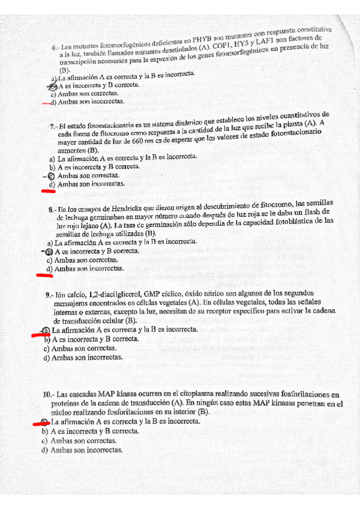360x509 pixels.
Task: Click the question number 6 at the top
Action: pyautogui.click(x=55, y=47)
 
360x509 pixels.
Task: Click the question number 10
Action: pyautogui.click(x=48, y=394)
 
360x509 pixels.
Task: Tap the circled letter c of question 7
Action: pyautogui.click(x=50, y=175)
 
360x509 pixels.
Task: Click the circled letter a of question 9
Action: pyautogui.click(x=46, y=330)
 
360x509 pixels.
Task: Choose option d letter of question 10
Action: pyautogui.click(x=44, y=450)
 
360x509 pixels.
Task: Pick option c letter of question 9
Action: pyautogui.click(x=46, y=348)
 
